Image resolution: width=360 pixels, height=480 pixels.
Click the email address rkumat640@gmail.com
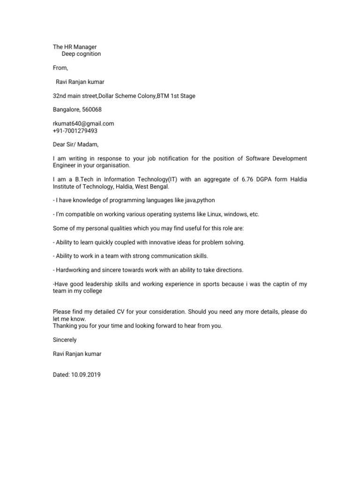[x=83, y=124]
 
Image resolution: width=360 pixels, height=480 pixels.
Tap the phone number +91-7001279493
[x=75, y=131]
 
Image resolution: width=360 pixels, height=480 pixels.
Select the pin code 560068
[x=92, y=110]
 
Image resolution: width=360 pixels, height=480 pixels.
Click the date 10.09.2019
[x=86, y=375]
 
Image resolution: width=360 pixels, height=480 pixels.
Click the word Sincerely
[x=65, y=340]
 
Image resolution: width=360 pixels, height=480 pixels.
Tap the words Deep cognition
[x=81, y=54]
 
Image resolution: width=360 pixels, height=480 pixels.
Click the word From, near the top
[x=60, y=68]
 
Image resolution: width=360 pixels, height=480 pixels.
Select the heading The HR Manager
[x=75, y=47]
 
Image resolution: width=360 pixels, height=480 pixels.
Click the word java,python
[x=199, y=201]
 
